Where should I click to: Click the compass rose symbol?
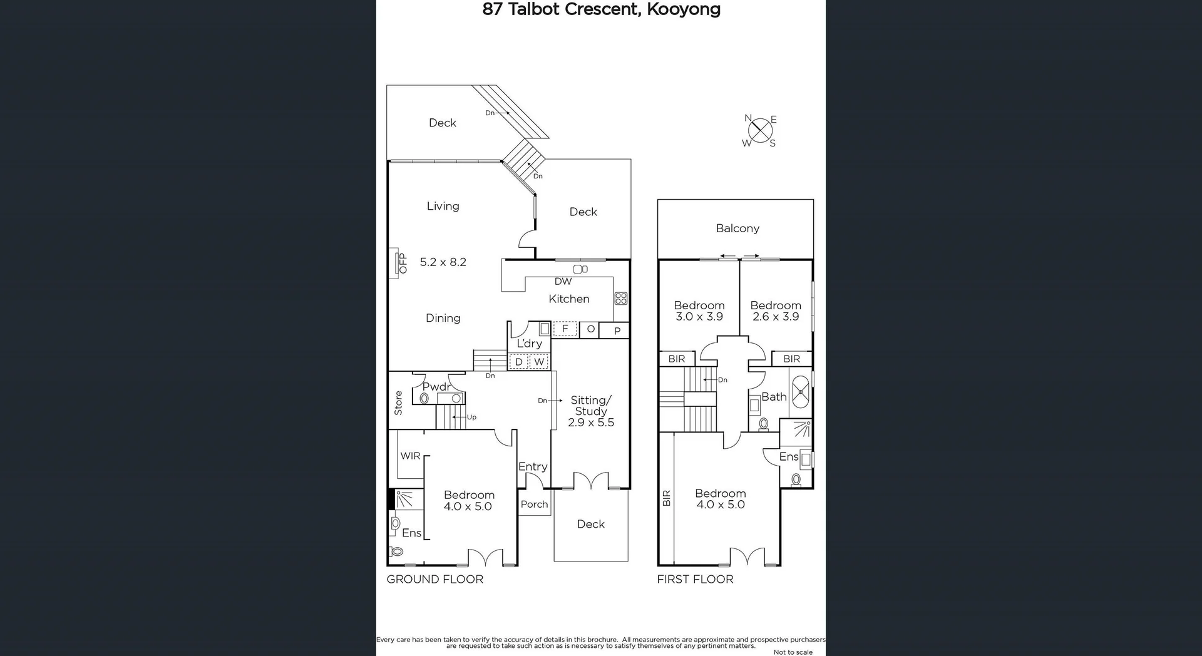[x=760, y=131]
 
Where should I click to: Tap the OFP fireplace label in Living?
[x=403, y=263]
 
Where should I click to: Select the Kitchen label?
[x=568, y=299]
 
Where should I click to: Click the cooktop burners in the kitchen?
[x=620, y=299]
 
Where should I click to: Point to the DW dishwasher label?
[x=563, y=282]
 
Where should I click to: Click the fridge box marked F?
[x=565, y=329]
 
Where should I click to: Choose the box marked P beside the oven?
[x=617, y=331]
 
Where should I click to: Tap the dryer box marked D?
[x=518, y=362]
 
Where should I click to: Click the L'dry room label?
[x=529, y=344]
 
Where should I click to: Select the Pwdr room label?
[x=436, y=387]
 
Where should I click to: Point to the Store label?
[x=399, y=403]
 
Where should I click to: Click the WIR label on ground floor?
[x=410, y=456]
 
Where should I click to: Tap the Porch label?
[x=534, y=505]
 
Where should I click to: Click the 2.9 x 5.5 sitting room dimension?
[x=590, y=423]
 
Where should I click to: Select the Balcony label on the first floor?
[x=737, y=228]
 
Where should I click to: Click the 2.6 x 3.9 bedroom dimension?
[x=775, y=317]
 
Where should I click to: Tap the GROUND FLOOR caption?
[x=434, y=580]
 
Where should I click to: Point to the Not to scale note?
[x=793, y=652]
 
